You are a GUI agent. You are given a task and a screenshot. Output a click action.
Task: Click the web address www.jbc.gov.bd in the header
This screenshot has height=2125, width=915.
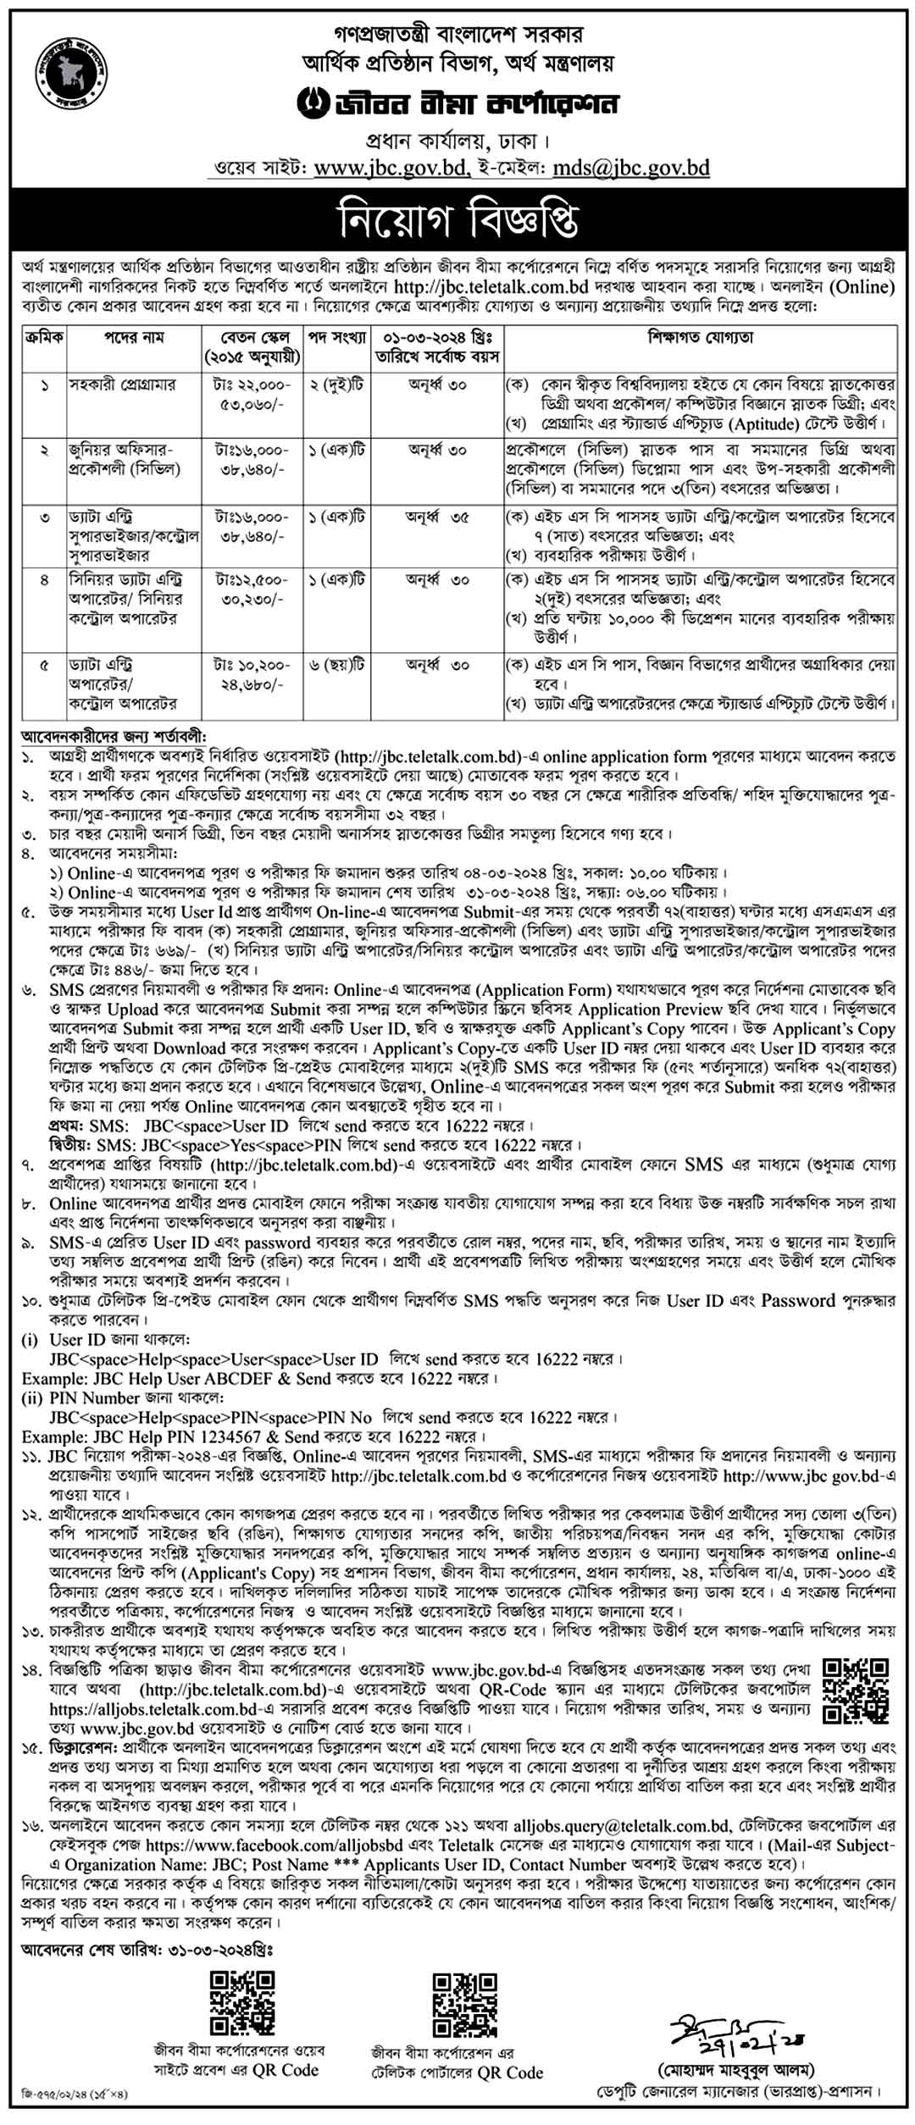point(389,168)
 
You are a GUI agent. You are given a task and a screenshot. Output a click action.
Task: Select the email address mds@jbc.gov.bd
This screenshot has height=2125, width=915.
point(630,168)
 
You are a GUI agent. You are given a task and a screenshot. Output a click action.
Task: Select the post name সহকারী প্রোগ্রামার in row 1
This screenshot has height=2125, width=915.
point(122,385)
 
